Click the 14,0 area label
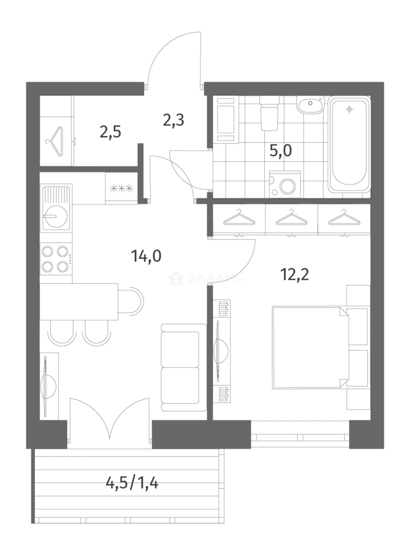click(x=146, y=255)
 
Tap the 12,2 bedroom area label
click(x=295, y=274)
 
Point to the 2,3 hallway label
click(x=173, y=120)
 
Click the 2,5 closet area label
click(x=110, y=133)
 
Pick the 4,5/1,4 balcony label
click(x=132, y=482)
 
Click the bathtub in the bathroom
click(x=349, y=145)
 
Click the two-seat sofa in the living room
click(x=183, y=367)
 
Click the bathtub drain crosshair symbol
click(x=350, y=109)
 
